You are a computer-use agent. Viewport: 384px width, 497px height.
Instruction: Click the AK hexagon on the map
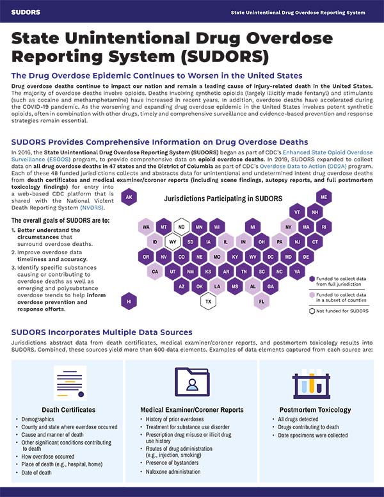pos(129,198)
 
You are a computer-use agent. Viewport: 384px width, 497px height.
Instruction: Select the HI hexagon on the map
pos(129,300)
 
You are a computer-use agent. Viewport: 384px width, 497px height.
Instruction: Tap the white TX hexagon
pos(209,300)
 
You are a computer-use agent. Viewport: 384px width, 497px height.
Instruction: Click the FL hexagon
pos(262,300)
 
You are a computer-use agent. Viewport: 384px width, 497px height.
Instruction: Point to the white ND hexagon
pos(182,227)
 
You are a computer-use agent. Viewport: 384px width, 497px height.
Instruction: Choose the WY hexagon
pos(173,242)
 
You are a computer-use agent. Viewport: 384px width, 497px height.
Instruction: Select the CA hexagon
pos(156,272)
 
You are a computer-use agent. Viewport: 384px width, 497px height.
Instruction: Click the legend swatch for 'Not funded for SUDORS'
pos(312,311)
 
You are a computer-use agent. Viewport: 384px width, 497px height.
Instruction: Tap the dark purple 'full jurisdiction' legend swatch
pos(312,280)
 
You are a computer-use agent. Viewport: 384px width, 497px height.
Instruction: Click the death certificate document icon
pos(70,383)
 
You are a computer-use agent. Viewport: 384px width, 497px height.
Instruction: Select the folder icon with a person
pos(191,383)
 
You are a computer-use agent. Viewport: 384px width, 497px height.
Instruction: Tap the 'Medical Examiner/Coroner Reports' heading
pos(191,410)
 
